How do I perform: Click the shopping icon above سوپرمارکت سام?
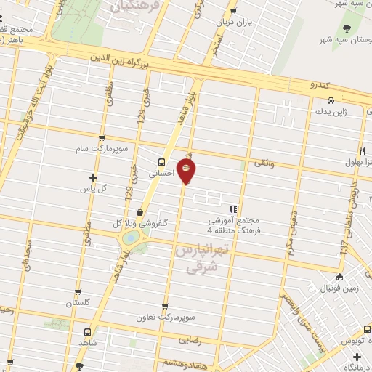(101, 137)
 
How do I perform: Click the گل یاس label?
(92, 188)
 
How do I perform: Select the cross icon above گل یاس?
(92, 177)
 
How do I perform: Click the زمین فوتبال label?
(339, 288)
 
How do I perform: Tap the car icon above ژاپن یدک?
(331, 100)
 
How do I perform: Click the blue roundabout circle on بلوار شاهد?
(130, 238)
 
